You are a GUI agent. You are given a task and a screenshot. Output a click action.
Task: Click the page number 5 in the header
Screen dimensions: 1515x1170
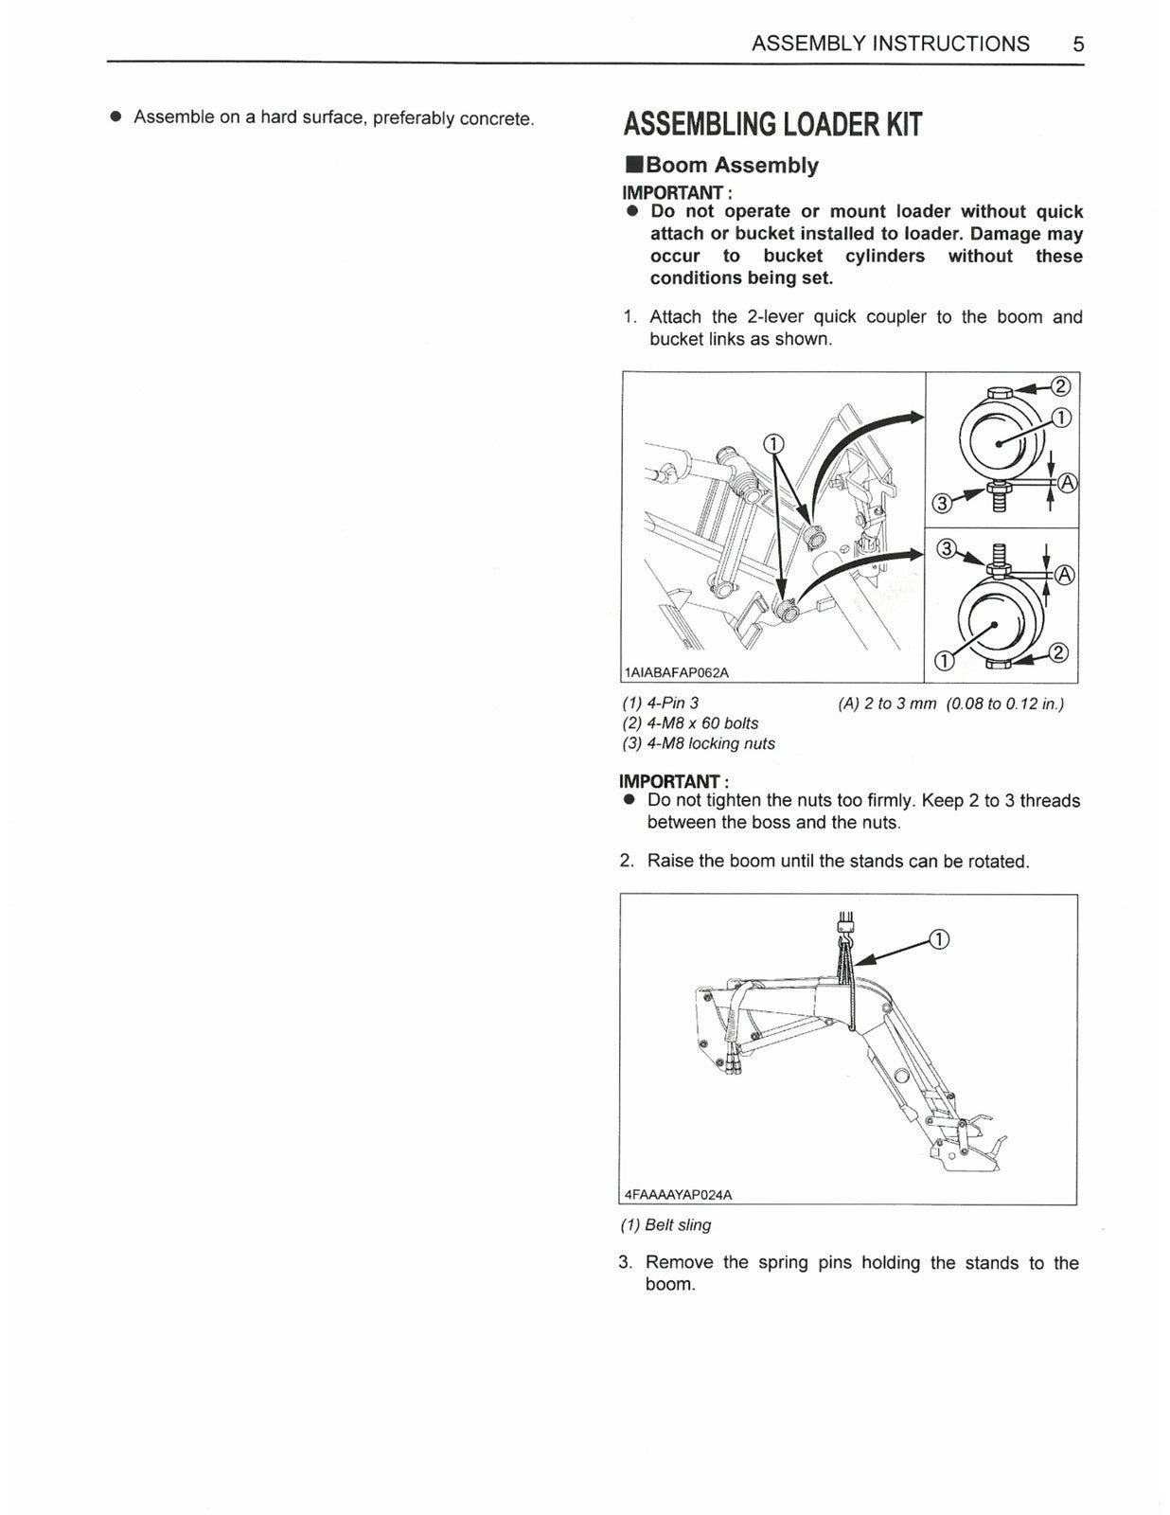[x=1078, y=44]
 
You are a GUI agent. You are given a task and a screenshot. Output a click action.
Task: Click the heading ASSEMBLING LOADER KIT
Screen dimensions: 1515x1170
[x=771, y=125]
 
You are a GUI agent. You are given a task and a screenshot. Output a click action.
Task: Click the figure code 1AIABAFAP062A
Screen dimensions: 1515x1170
[x=677, y=672]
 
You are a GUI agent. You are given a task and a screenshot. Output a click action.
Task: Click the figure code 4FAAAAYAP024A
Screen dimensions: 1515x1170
[x=678, y=1194]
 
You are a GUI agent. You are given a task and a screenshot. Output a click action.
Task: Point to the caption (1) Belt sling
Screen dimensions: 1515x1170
[x=665, y=1224]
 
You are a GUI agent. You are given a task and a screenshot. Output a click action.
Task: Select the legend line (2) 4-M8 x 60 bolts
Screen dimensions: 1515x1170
[x=690, y=723]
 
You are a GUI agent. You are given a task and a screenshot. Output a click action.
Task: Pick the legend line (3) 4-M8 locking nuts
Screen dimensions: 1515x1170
[x=698, y=743]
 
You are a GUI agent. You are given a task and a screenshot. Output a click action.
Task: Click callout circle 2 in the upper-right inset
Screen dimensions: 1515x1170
[x=1060, y=386]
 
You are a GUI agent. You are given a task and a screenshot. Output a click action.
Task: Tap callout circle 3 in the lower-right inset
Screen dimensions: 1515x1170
[x=945, y=550]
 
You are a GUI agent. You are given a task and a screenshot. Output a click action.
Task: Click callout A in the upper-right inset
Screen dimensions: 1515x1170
[x=1065, y=483]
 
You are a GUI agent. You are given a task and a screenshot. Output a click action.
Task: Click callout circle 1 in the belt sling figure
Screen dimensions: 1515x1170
[x=937, y=939]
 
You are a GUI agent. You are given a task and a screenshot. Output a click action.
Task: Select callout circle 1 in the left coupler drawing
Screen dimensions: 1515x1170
[x=773, y=444]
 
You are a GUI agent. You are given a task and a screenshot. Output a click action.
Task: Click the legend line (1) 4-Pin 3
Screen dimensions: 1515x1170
[x=660, y=704]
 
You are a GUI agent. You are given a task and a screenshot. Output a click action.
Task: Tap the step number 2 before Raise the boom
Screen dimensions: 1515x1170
[x=627, y=861]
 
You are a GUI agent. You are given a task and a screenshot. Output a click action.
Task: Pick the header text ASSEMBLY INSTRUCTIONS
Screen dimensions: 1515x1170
[x=890, y=44]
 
